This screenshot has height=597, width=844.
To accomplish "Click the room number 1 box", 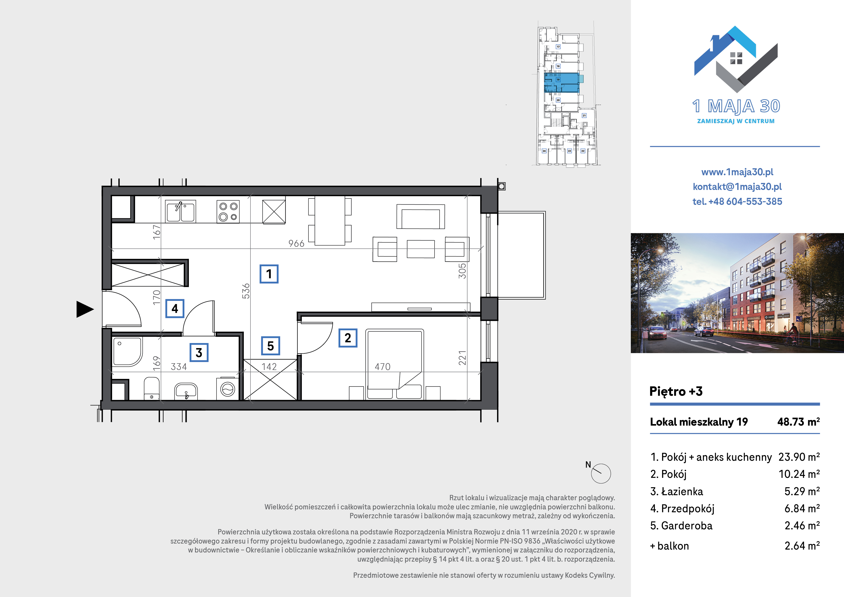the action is click(269, 274).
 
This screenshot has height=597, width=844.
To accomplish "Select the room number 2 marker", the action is click(348, 338).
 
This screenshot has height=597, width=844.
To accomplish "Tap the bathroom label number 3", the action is click(199, 352).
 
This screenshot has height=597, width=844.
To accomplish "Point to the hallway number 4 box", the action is click(175, 308).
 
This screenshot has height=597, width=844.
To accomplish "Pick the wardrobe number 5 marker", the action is click(271, 346).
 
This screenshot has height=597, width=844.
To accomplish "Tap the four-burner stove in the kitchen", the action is click(228, 212).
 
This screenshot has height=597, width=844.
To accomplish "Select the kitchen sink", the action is click(180, 212).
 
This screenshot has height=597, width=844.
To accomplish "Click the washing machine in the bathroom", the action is click(228, 389).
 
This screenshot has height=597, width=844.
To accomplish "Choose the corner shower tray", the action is click(127, 352).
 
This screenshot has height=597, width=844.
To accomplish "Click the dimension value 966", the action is click(296, 244).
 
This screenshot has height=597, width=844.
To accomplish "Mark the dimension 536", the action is click(246, 291).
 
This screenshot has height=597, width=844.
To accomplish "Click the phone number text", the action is click(737, 201).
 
